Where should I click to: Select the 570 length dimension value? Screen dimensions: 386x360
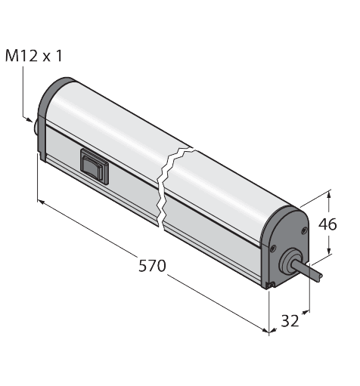point(153,266)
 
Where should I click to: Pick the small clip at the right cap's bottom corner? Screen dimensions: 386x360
point(270,284)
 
